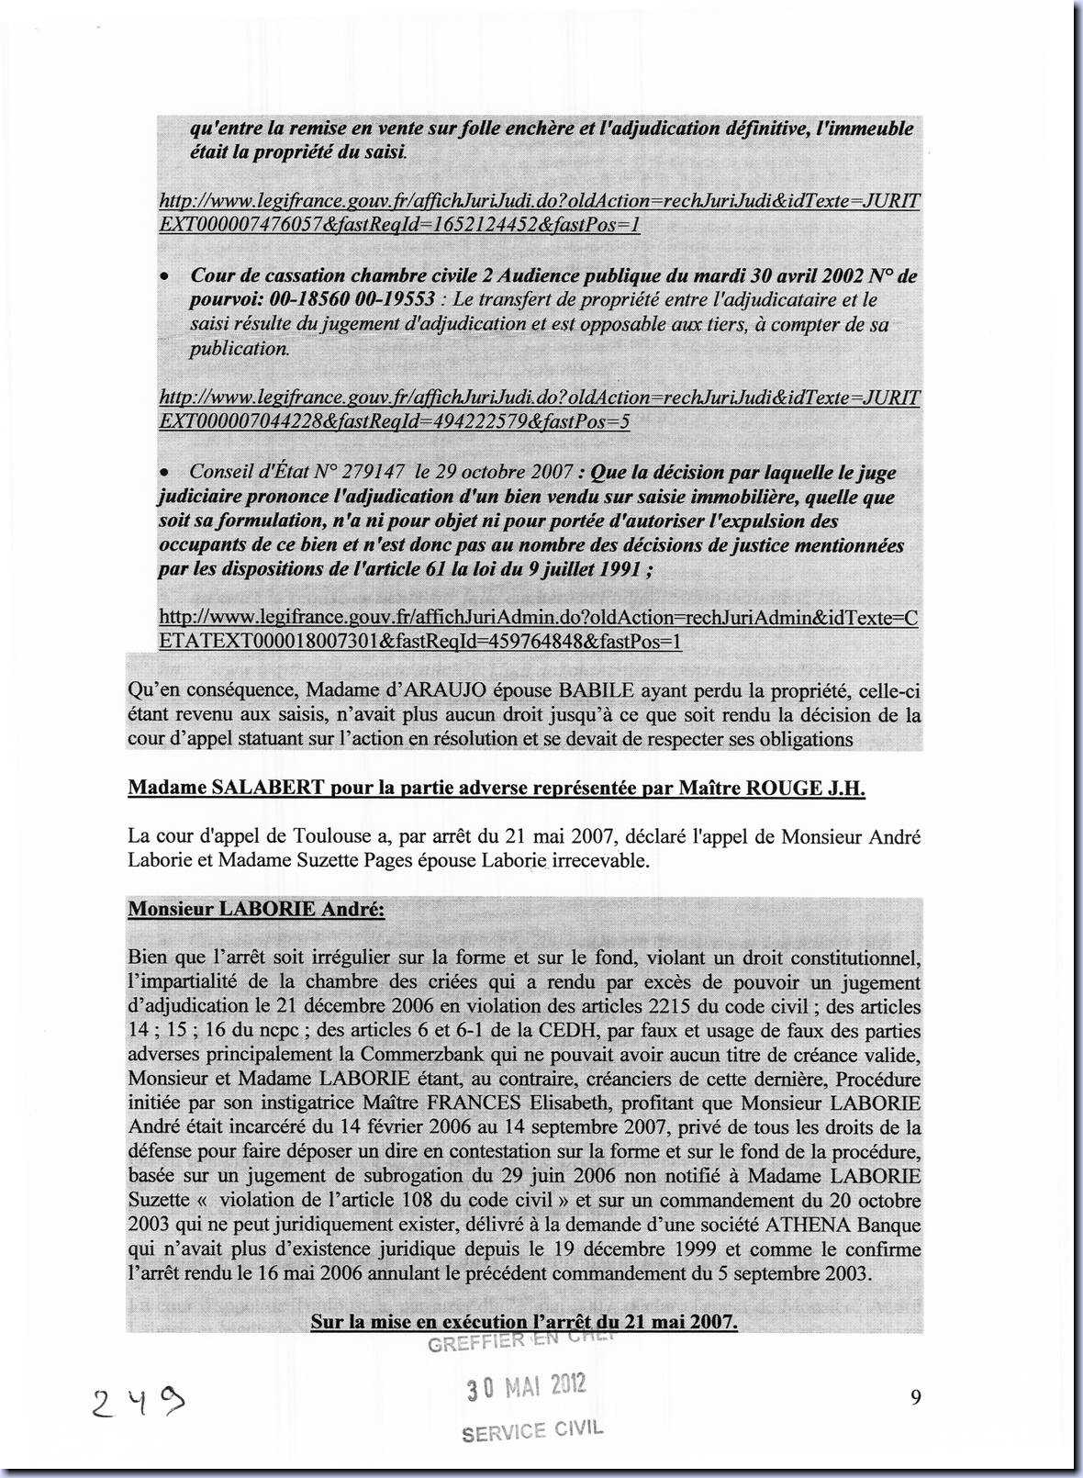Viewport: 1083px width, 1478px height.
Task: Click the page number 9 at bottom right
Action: [915, 1397]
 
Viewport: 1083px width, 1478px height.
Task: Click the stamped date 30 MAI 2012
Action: [526, 1387]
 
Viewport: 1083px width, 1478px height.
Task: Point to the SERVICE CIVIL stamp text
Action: [532, 1430]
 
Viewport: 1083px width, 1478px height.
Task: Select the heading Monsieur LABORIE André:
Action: [256, 909]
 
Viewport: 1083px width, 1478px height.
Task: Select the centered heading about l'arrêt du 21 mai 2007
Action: [524, 1322]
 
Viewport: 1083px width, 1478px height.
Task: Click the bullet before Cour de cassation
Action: [164, 277]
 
